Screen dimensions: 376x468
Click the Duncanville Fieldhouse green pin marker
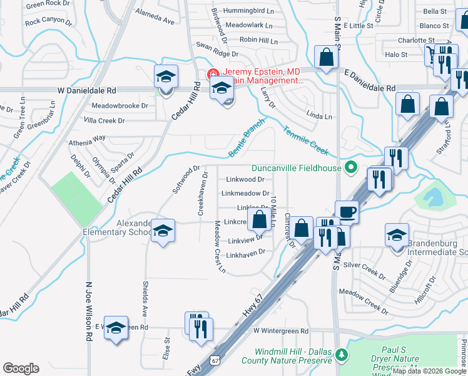pos(351,167)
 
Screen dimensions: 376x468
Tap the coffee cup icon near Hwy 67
pos(347,211)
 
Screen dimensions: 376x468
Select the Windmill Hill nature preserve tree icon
pos(341,355)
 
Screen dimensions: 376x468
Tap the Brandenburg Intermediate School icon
pos(397,235)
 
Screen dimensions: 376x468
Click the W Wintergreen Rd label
pos(281,331)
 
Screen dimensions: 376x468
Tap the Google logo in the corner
pos(21,368)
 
